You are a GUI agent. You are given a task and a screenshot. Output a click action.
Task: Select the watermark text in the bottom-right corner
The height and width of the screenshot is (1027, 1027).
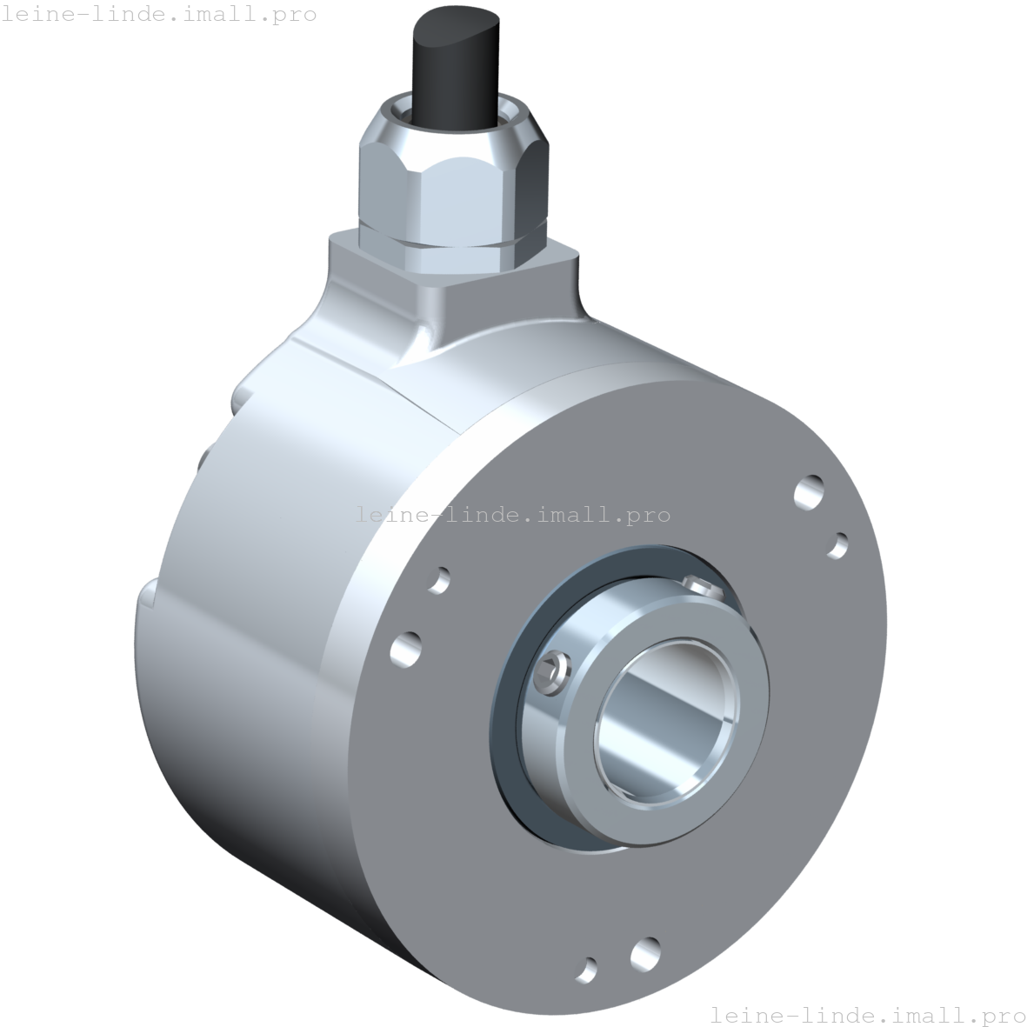867,1014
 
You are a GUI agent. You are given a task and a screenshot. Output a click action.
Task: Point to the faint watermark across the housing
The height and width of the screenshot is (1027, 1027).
513,515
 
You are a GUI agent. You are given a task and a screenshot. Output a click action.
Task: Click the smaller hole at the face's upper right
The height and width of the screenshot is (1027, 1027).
838,544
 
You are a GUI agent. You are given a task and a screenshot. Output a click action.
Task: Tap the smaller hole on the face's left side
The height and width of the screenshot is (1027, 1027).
440,579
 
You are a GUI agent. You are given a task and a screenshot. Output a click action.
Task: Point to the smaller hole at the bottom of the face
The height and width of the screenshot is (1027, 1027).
590,968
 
